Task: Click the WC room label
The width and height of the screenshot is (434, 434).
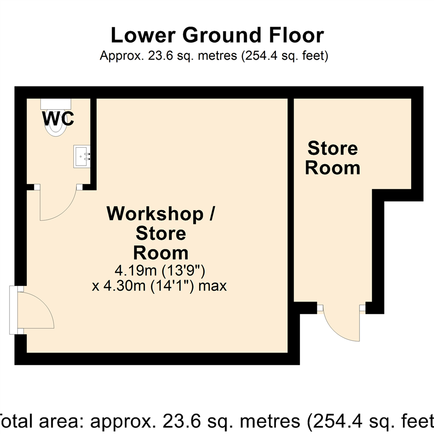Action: click(58, 119)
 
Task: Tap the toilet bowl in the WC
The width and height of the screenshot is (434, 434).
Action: click(56, 127)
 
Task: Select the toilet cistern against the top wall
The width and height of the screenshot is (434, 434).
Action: click(56, 103)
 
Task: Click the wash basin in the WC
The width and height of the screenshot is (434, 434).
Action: click(82, 156)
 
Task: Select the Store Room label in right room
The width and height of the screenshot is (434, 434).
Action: click(332, 158)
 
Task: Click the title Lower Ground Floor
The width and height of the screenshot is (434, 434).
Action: click(217, 35)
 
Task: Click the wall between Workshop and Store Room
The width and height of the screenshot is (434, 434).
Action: click(291, 201)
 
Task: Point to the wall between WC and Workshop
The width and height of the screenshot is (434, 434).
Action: click(93, 141)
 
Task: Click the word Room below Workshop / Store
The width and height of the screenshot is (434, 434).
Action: click(161, 253)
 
